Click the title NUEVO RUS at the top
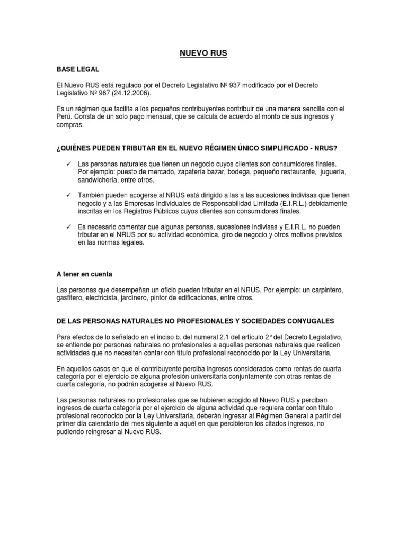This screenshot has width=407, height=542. tap(204, 53)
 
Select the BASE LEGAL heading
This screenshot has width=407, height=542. tap(77, 69)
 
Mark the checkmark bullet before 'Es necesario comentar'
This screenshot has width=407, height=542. tap(68, 227)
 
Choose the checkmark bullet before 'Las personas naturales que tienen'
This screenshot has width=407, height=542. tap(68, 165)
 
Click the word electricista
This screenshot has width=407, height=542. tap(113, 298)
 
